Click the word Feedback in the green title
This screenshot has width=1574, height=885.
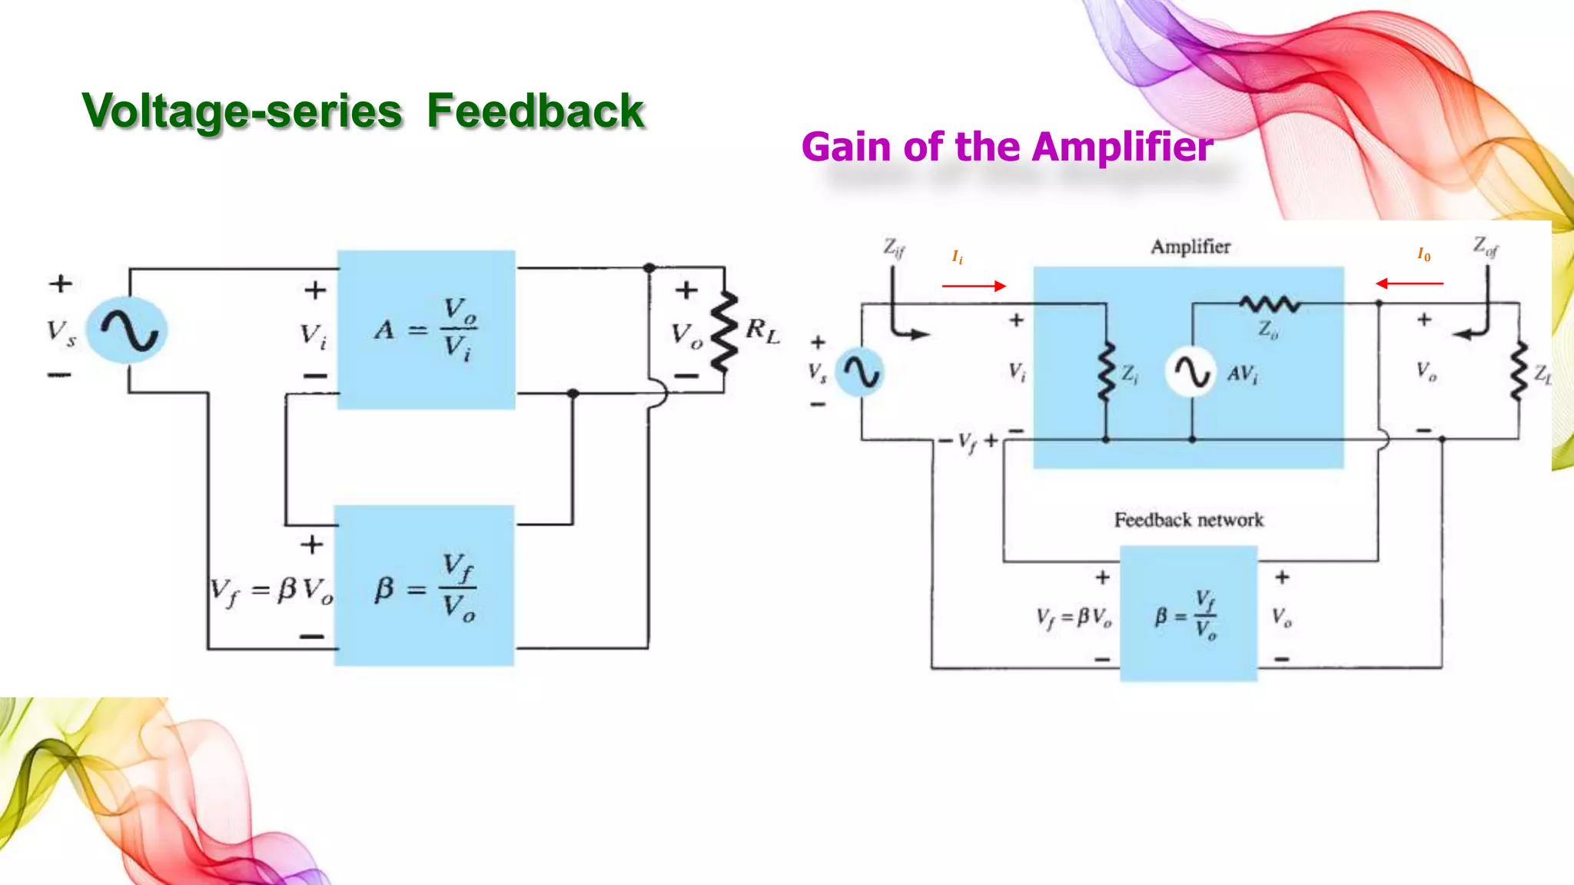(x=535, y=111)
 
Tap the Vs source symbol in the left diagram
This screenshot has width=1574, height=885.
(x=128, y=330)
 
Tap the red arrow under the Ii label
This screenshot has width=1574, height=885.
(x=974, y=286)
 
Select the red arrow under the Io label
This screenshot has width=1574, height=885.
(x=1409, y=283)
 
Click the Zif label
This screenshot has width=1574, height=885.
(x=894, y=247)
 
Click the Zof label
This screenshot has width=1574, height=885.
(x=1485, y=247)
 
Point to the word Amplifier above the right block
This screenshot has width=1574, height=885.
(x=1190, y=247)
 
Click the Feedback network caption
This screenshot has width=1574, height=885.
(x=1188, y=520)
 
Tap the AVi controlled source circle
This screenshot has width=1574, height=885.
(x=1190, y=373)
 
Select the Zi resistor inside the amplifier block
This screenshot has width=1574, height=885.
(x=1106, y=373)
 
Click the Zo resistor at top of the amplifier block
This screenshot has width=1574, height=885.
(x=1269, y=304)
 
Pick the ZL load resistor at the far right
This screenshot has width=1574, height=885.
(x=1519, y=372)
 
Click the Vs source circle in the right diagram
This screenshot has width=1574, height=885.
(x=860, y=373)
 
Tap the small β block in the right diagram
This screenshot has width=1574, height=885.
(x=1188, y=614)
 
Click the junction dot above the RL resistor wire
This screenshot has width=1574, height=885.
(x=649, y=268)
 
